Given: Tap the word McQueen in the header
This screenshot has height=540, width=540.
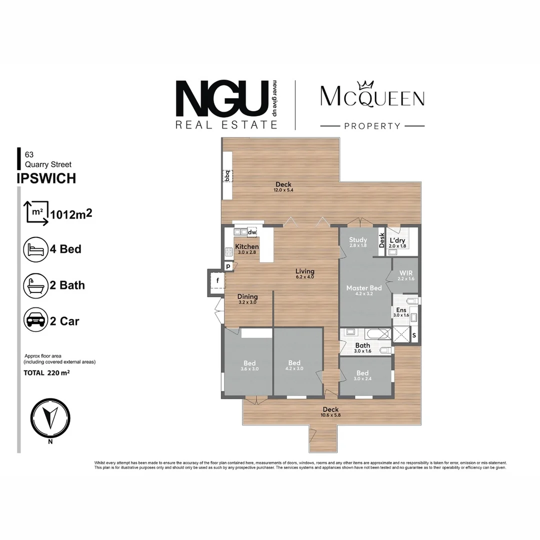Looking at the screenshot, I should coord(372,97).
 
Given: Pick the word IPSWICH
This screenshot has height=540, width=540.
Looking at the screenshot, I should coord(46,178).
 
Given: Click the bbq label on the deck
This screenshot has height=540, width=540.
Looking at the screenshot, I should coord(227,176).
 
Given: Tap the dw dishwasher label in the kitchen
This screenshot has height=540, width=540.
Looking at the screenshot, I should coord(252,232).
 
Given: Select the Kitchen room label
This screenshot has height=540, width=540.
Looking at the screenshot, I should coord(247,246).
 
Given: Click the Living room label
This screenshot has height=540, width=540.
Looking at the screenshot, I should coord(304,271).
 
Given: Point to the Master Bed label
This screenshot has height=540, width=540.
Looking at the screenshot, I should coord(364,288).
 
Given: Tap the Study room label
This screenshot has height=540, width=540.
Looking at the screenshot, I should coord(358,240).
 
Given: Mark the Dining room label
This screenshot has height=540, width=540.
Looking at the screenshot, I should coord(247,296).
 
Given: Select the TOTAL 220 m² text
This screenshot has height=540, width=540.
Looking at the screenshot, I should coord(46,372).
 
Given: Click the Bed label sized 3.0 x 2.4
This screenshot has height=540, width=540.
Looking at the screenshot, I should coord(362,373).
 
